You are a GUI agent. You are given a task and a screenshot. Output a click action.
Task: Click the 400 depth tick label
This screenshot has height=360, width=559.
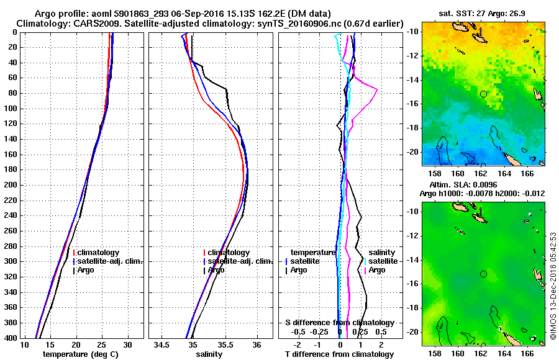[x=11, y=338]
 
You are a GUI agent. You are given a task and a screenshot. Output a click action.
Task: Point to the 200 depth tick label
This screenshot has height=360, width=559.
[x=11, y=185]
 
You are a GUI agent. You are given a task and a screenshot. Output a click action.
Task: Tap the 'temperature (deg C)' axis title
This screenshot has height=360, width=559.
[x=76, y=354]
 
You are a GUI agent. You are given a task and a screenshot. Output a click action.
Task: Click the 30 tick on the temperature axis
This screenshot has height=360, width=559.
[x=127, y=344]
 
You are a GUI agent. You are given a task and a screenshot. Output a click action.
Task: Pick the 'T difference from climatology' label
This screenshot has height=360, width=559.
[x=339, y=354]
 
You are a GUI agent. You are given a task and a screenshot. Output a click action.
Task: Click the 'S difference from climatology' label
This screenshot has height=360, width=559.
[x=339, y=323]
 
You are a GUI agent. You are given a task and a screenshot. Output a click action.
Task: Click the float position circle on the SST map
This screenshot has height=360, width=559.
[x=483, y=94]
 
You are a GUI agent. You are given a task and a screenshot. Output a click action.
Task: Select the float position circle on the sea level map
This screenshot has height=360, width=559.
[x=483, y=274]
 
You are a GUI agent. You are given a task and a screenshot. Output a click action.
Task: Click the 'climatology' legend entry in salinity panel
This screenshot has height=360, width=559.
[x=229, y=253]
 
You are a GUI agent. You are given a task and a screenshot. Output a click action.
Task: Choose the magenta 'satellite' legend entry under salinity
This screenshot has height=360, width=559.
[x=386, y=261]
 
